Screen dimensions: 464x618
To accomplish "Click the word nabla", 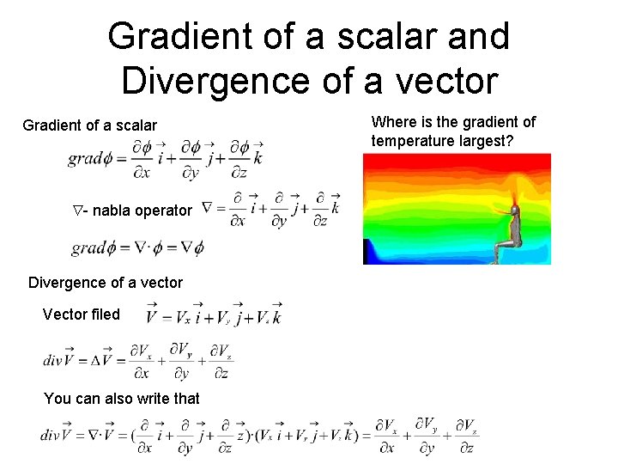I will coord(112,210).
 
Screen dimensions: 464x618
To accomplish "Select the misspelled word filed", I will coord(105,314).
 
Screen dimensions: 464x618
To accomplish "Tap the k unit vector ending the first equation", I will coord(257,158).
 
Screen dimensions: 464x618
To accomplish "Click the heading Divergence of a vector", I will coord(105,282).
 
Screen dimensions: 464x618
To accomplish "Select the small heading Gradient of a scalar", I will coord(89,125).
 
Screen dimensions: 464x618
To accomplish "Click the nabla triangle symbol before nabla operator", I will coord(76,210).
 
